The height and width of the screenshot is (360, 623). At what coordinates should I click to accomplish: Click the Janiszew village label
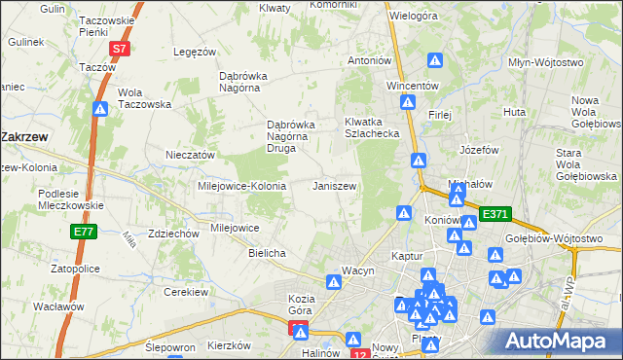point(334,185)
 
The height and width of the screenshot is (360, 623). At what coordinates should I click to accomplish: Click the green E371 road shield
point(495,213)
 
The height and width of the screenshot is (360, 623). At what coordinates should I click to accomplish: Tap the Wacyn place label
point(357,270)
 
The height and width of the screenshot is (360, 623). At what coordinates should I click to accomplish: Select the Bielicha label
point(267,253)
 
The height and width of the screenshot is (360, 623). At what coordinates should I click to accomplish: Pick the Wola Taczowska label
point(144,98)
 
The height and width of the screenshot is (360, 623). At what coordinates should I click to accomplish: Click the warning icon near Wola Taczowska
point(100,110)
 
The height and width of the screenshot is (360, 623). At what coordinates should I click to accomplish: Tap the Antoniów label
point(370,60)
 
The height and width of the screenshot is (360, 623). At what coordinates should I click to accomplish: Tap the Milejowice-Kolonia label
point(241,185)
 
